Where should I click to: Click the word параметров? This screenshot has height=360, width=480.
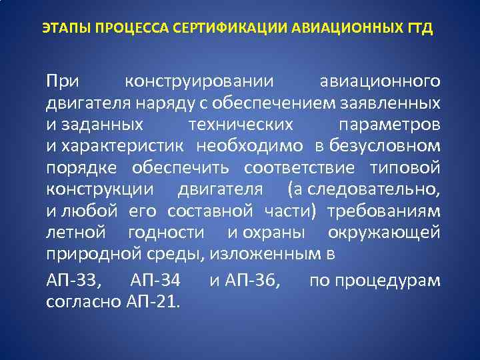389,125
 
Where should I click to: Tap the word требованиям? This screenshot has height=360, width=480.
389,211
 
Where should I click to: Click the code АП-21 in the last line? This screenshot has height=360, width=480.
151,301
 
